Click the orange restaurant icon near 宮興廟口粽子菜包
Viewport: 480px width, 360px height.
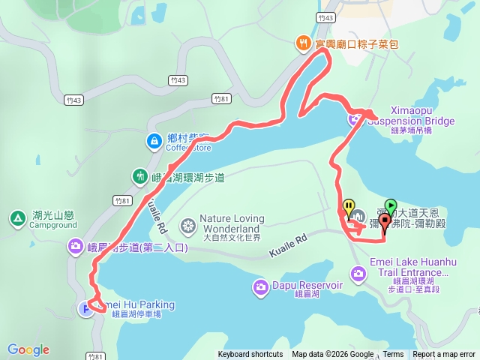pos(303,43)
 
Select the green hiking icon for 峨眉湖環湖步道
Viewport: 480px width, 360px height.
pos(139,178)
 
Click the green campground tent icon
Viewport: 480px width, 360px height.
pos(16,219)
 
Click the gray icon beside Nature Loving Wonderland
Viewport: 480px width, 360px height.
pos(187,224)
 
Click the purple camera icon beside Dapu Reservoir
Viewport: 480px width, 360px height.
pos(261,286)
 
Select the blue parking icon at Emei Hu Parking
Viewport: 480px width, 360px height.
pos(87,307)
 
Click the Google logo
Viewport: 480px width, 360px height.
pos(28,349)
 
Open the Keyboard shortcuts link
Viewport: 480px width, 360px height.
pos(250,355)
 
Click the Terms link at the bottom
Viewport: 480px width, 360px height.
pos(393,355)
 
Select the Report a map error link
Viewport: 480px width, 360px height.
pos(444,355)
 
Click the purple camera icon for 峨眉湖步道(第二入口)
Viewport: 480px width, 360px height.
pos(76,245)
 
